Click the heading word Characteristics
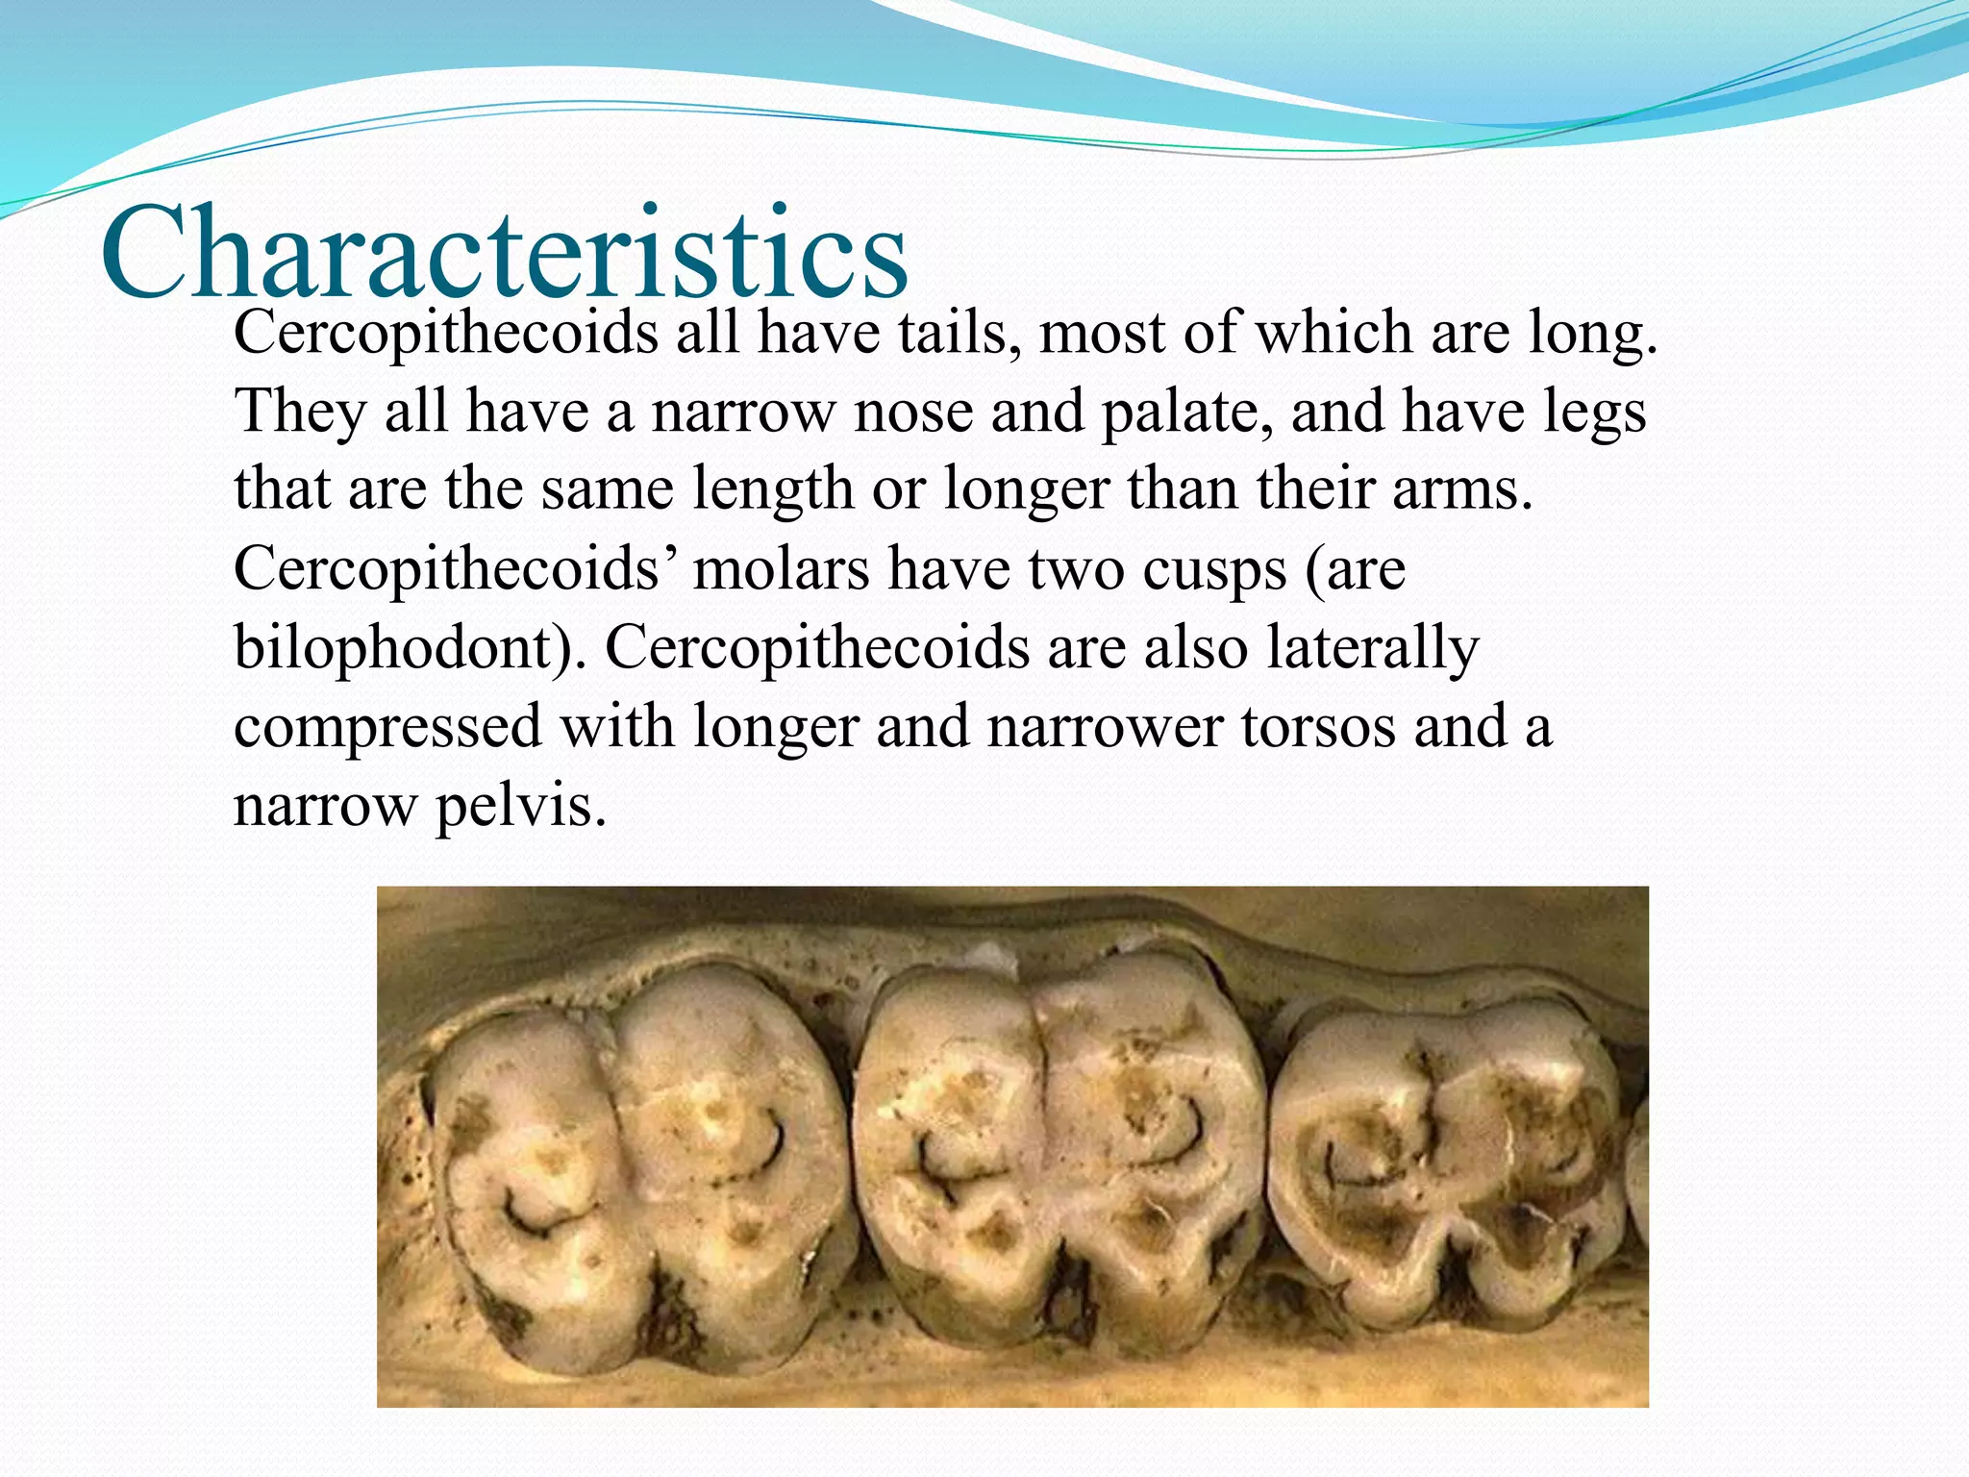point(504,255)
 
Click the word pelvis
point(520,806)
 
